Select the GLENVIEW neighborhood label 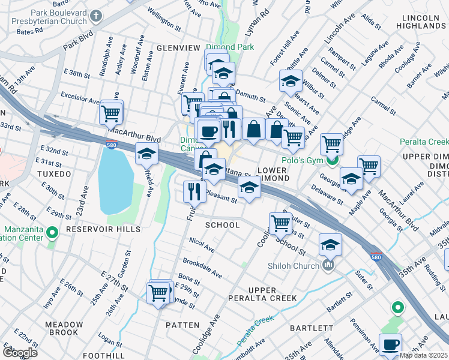click(178, 48)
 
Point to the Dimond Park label click(229, 47)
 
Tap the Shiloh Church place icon click(328, 265)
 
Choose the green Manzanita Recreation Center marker click(52, 231)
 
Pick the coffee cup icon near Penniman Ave click(391, 344)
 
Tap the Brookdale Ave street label click(202, 268)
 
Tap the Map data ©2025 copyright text click(423, 355)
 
